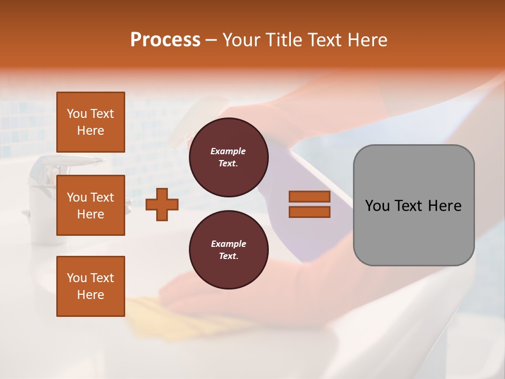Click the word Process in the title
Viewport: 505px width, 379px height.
(165, 40)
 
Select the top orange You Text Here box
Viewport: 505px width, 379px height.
(90, 122)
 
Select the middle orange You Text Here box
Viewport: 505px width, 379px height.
(90, 205)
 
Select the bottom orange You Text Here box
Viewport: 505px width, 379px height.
(90, 286)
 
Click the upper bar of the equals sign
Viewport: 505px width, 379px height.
(309, 197)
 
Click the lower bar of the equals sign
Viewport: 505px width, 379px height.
(309, 212)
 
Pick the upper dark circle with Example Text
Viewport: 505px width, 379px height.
(228, 157)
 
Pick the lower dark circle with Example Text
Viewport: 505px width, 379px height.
(228, 250)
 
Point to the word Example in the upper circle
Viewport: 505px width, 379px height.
(228, 152)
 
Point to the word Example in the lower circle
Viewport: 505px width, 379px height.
(228, 244)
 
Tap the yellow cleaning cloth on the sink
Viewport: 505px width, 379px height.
(142, 311)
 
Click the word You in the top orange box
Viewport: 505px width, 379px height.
(77, 114)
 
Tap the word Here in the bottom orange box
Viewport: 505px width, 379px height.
(90, 295)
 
